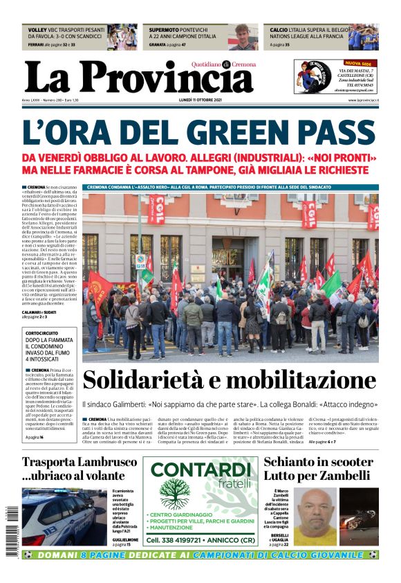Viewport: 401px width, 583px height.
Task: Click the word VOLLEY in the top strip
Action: (x=37, y=30)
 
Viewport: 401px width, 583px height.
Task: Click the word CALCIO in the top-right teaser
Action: (x=279, y=30)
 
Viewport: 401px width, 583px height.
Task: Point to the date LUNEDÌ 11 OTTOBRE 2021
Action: (x=200, y=101)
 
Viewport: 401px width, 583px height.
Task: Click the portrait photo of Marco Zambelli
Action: (x=315, y=516)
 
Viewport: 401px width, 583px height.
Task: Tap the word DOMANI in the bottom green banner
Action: (x=57, y=555)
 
